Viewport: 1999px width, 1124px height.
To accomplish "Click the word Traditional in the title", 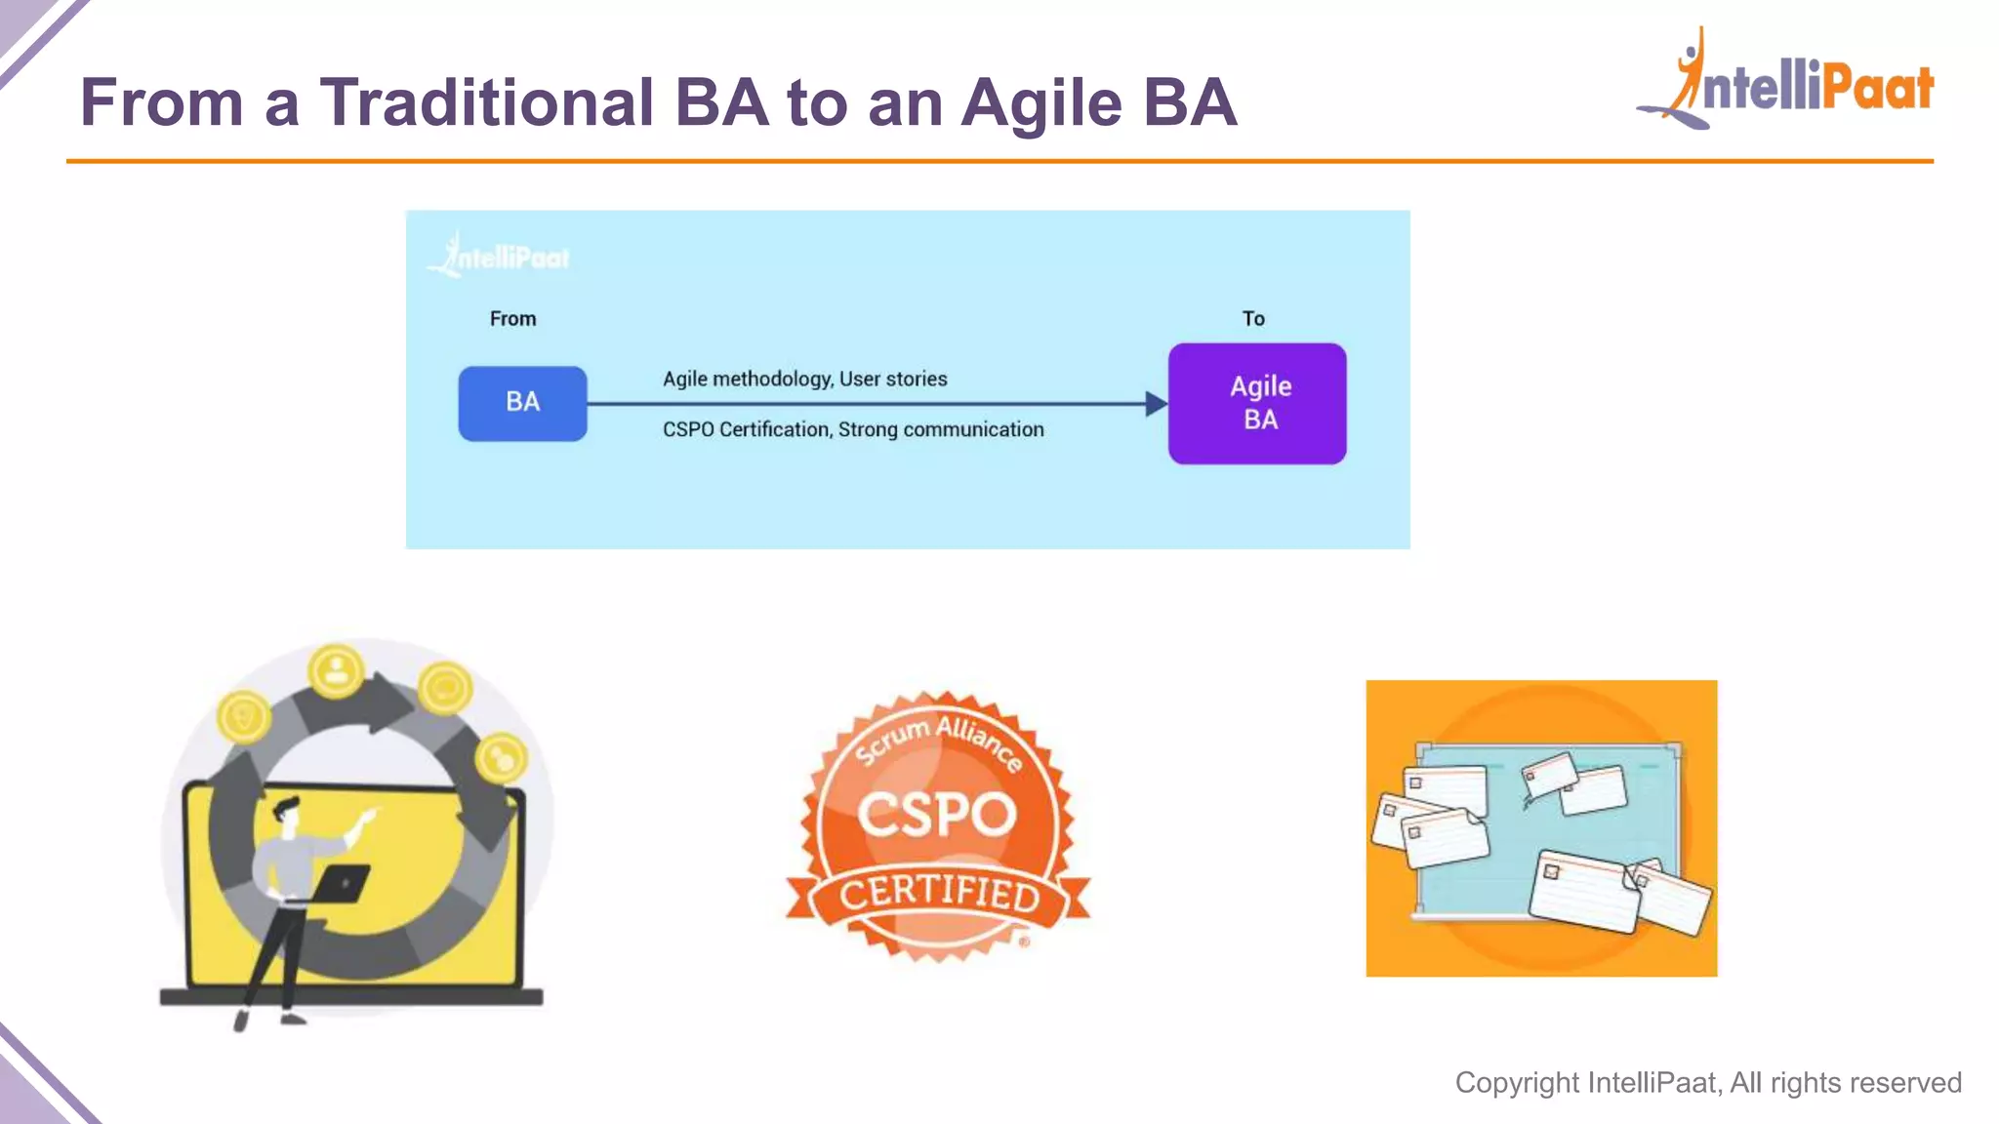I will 486,102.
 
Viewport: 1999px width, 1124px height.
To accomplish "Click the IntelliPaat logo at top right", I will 1786,83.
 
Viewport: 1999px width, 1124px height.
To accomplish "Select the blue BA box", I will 522,403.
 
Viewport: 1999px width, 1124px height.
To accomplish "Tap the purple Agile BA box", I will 1257,403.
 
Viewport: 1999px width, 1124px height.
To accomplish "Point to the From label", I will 512,319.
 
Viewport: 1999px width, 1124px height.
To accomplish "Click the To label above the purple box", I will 1253,319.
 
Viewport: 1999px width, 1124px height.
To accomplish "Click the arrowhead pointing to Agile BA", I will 1155,404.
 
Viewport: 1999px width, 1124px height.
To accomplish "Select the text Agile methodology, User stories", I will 804,379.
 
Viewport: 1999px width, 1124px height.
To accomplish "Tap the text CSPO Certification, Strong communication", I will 853,429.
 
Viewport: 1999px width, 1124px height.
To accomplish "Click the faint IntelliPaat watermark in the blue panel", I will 500,257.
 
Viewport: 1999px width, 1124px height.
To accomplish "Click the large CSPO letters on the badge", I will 937,814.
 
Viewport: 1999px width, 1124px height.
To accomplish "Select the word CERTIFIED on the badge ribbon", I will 939,892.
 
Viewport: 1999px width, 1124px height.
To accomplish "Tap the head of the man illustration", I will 287,814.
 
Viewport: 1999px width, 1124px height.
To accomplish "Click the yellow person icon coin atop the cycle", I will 337,671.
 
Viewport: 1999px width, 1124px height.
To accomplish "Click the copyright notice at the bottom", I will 1707,1082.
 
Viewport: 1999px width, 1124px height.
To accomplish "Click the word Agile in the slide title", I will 1040,102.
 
